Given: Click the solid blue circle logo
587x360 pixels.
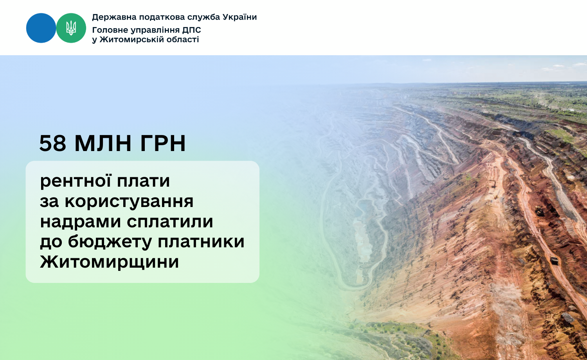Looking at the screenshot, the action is pyautogui.click(x=41, y=28).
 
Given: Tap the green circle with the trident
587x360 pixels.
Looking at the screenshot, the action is pyautogui.click(x=71, y=28).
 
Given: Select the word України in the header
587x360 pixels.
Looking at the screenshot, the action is pyautogui.click(x=239, y=17).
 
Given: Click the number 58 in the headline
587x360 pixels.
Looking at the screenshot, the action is pyautogui.click(x=53, y=143).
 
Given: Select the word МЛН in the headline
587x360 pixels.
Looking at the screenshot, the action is pyautogui.click(x=103, y=143).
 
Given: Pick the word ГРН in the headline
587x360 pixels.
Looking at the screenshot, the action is pyautogui.click(x=163, y=143).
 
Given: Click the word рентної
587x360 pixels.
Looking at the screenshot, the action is pyautogui.click(x=76, y=181).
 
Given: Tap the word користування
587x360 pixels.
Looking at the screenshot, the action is pyautogui.click(x=129, y=202).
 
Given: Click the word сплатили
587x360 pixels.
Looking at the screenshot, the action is pyautogui.click(x=170, y=222).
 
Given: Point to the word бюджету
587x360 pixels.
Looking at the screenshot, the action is pyautogui.click(x=110, y=242).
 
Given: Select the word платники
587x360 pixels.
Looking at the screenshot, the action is pyautogui.click(x=201, y=242).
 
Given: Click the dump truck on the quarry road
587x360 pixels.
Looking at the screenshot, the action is pyautogui.click(x=554, y=261).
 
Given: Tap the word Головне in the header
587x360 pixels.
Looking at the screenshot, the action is pyautogui.click(x=110, y=30).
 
